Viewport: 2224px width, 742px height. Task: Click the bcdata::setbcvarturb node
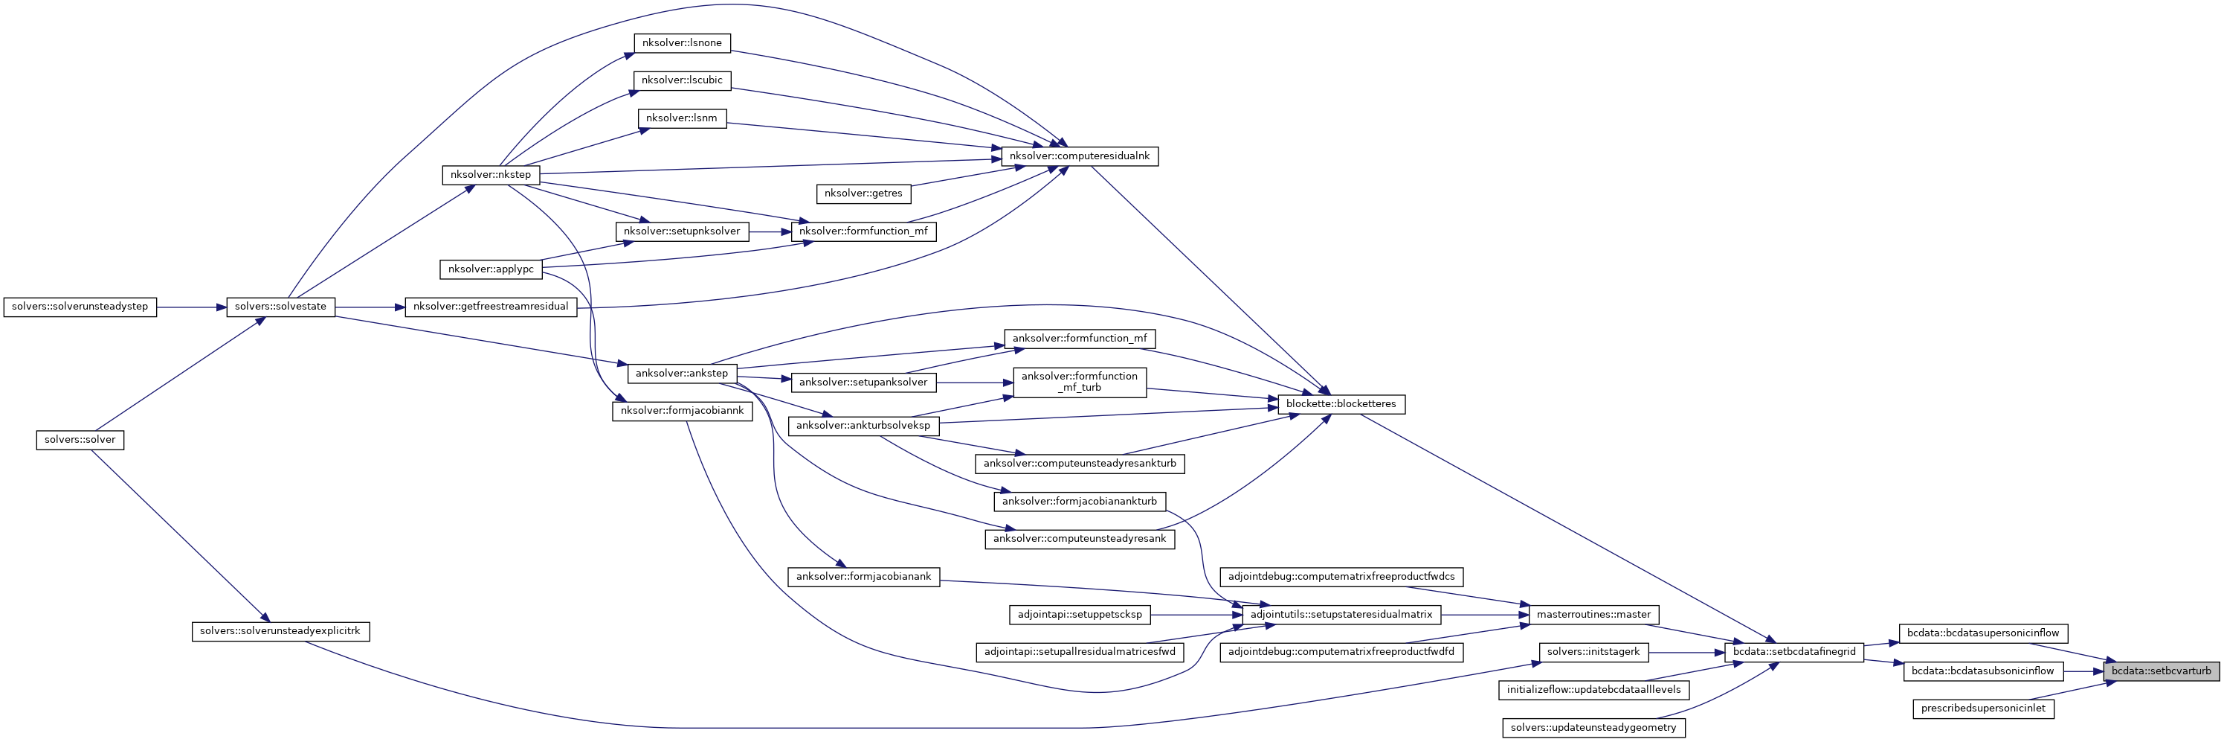2161,671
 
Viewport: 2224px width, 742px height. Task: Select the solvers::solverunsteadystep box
80,307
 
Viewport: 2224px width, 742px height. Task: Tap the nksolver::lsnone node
682,43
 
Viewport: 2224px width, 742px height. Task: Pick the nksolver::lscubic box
682,80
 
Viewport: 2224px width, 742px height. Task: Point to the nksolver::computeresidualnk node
1079,156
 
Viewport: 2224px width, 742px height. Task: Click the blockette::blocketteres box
1341,404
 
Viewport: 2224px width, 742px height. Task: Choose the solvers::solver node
80,440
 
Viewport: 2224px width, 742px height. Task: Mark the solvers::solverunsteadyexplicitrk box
280,631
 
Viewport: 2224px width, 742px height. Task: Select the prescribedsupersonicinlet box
1983,709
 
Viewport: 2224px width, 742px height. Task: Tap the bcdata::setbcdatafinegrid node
1794,652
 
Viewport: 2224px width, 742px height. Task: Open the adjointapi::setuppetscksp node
1079,615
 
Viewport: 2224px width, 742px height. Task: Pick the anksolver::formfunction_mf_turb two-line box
1079,382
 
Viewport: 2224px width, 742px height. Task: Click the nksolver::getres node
863,194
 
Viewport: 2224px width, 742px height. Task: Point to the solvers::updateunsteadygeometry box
1593,728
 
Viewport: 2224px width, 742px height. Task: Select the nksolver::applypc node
491,269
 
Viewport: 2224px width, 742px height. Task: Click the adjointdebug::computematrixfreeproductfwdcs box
1341,576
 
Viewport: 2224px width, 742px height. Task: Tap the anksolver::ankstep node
682,373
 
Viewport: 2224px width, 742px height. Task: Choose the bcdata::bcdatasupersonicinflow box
1983,633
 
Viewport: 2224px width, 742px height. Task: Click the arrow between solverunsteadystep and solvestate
192,307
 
